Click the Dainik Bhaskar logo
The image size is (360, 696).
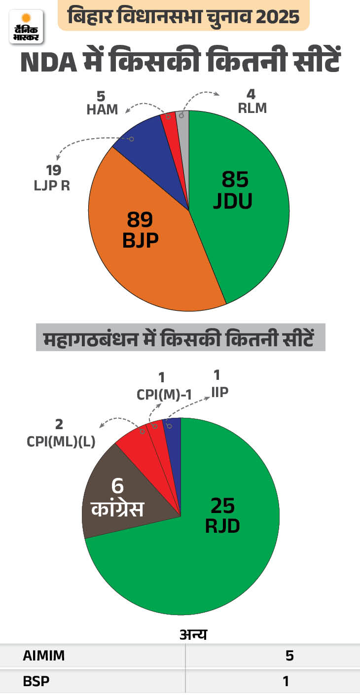(26, 26)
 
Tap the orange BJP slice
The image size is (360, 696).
(148, 256)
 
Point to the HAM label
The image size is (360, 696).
(103, 110)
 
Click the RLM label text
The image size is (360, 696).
(252, 109)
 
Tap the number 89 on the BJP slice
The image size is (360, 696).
(140, 219)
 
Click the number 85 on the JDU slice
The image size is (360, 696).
(235, 180)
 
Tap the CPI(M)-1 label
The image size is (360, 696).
(163, 394)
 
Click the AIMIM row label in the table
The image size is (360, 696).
(44, 656)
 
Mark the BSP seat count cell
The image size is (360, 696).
(285, 681)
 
